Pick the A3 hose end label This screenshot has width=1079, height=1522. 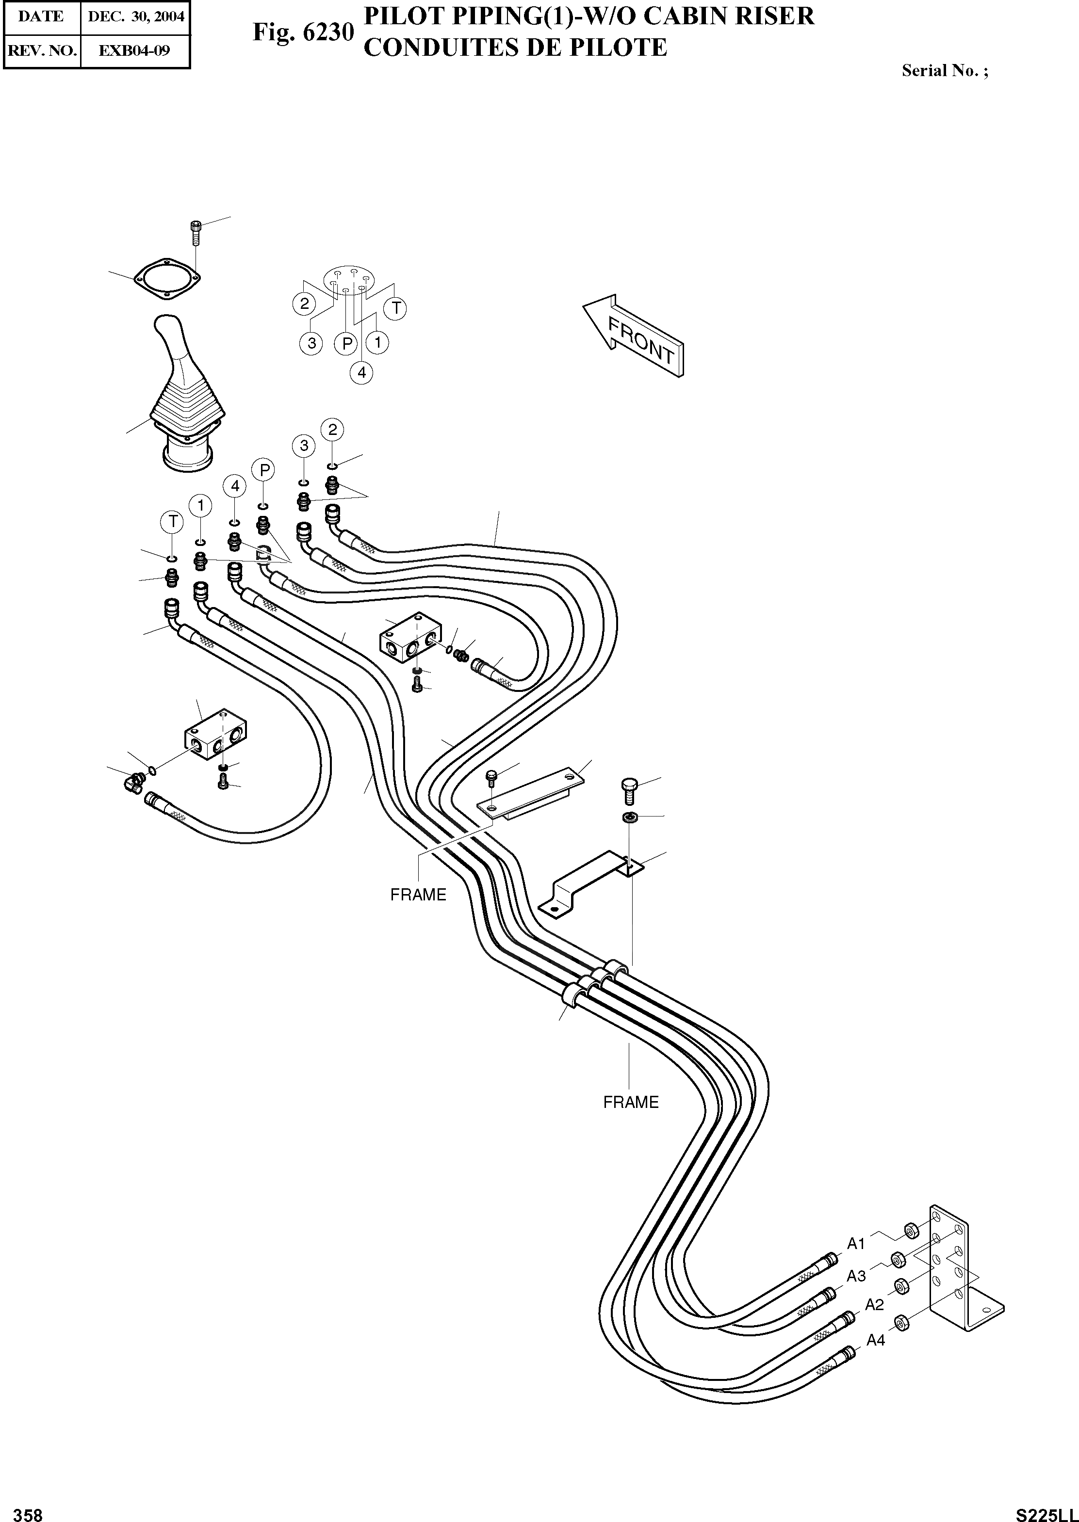[x=856, y=1276]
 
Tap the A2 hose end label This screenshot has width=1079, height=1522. [x=874, y=1305]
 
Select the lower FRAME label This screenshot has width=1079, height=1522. [x=631, y=1102]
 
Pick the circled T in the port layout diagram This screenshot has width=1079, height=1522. [x=397, y=308]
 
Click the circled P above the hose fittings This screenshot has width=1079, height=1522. [x=264, y=470]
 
